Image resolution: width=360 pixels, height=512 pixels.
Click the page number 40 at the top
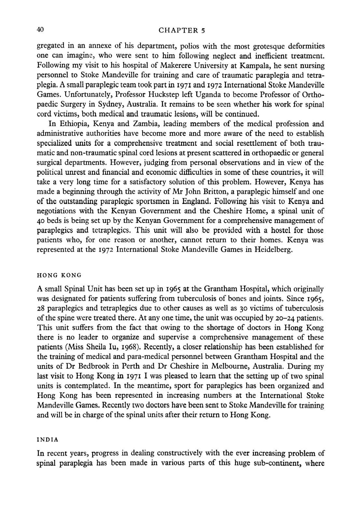point(40,30)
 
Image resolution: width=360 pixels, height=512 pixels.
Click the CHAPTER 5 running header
point(182,31)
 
